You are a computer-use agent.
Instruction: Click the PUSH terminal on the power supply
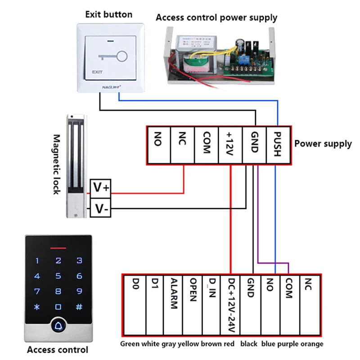click(x=278, y=144)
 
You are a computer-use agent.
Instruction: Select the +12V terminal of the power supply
click(x=230, y=144)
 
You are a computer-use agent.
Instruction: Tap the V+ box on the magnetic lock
click(x=101, y=187)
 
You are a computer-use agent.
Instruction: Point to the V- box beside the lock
click(x=101, y=209)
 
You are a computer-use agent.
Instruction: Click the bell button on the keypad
click(x=58, y=325)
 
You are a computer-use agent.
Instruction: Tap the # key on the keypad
click(x=79, y=307)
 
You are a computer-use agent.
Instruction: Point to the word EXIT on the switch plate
click(x=97, y=72)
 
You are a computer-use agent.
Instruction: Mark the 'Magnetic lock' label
click(x=57, y=164)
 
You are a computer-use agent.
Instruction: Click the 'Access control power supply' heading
click(x=216, y=18)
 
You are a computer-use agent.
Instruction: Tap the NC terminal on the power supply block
click(x=182, y=144)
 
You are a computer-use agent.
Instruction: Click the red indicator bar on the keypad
click(x=58, y=247)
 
